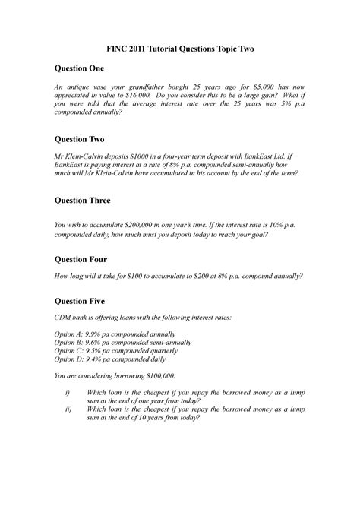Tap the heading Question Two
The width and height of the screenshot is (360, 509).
(77, 140)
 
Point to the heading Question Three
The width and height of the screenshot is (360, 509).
(81, 201)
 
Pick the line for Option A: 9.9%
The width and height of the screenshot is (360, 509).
(114, 334)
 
